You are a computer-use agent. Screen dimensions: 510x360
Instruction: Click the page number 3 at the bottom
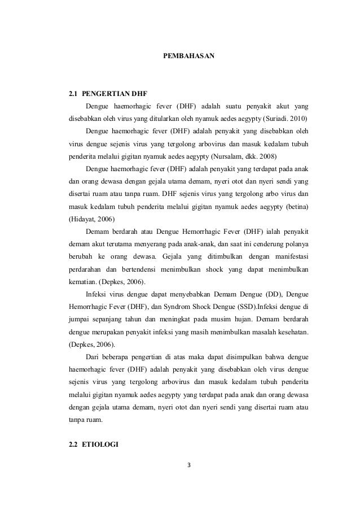(x=188, y=465)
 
